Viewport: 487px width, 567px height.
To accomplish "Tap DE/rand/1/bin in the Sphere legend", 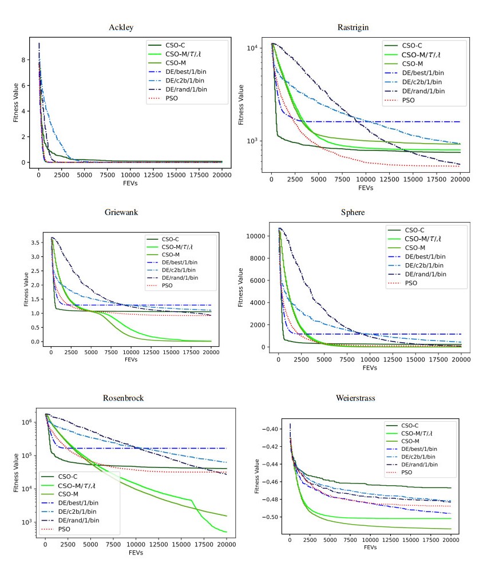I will coord(423,274).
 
